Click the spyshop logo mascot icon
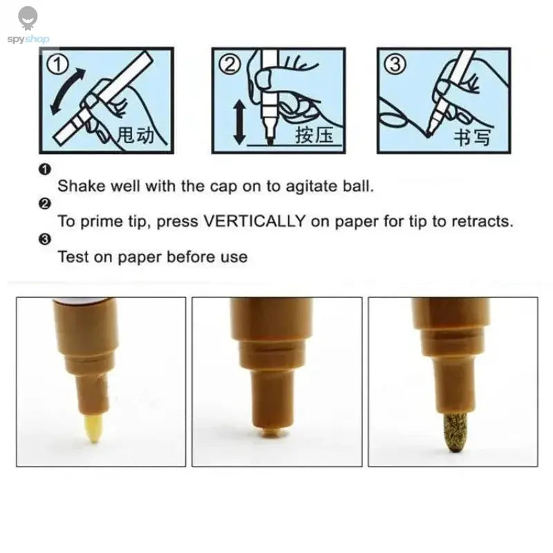point(28,19)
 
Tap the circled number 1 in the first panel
point(58,65)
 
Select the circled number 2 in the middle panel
point(230,65)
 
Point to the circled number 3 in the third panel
point(395,65)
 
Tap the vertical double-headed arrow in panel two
point(239,122)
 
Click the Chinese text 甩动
point(135,135)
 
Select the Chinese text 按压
point(315,135)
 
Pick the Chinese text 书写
point(472,137)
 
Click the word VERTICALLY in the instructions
point(254,221)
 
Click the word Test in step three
point(73,256)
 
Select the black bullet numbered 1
point(45,169)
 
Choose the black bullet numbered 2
point(45,204)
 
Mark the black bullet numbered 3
point(45,239)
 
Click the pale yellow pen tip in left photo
point(93,428)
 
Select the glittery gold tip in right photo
point(456,433)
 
